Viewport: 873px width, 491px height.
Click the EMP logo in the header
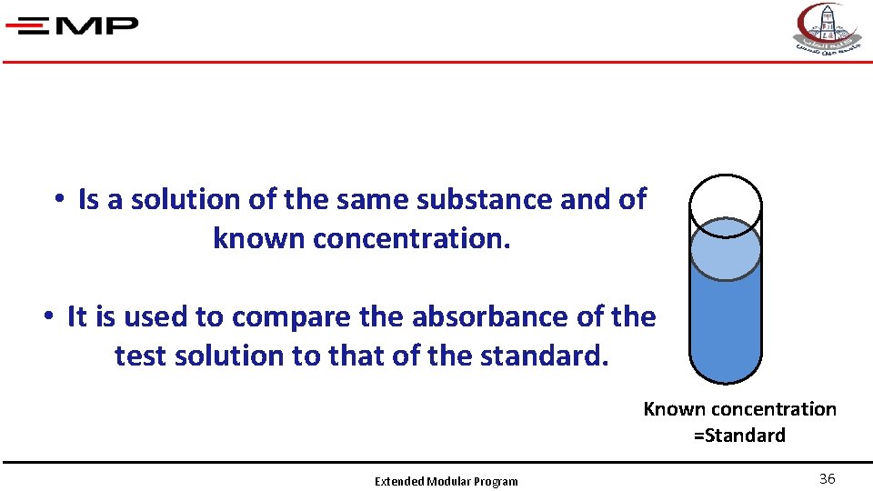[72, 25]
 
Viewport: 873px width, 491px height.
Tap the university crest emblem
[828, 28]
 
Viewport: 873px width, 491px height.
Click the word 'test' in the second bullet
[139, 356]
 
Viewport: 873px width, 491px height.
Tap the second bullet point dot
[47, 316]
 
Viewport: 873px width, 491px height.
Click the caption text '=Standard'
[739, 436]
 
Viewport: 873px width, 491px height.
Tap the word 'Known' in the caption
[674, 409]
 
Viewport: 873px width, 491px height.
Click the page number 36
[828, 479]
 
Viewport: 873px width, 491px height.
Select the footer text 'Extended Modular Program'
[447, 482]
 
